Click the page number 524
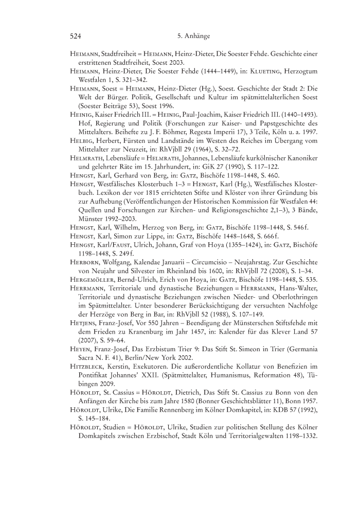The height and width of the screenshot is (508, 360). [76, 36]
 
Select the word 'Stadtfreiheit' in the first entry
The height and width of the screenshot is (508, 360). [121, 53]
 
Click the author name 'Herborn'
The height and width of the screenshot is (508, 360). [84, 262]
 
